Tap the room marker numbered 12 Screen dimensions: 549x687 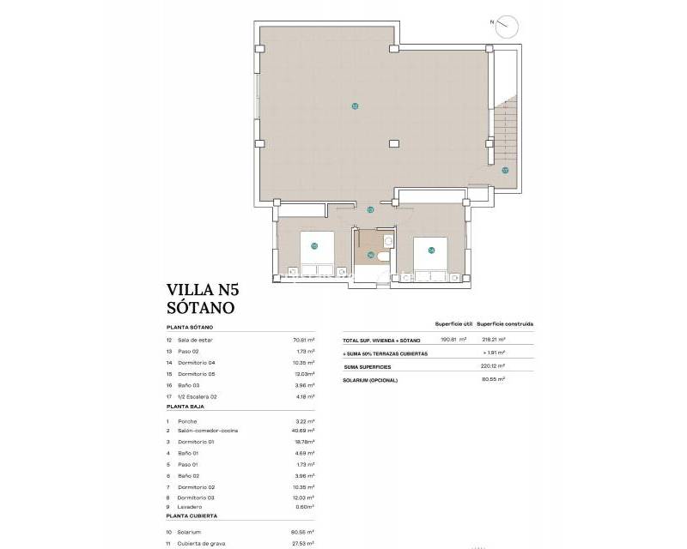(x=355, y=106)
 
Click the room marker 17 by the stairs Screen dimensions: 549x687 (x=505, y=170)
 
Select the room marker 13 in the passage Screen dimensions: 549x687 (x=370, y=209)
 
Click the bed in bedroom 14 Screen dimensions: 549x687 (x=429, y=255)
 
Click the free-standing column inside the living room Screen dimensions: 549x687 (x=393, y=143)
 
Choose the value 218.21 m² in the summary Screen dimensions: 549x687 (x=491, y=340)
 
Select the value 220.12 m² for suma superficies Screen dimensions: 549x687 (x=491, y=365)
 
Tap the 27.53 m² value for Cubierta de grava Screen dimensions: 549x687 (x=304, y=543)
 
